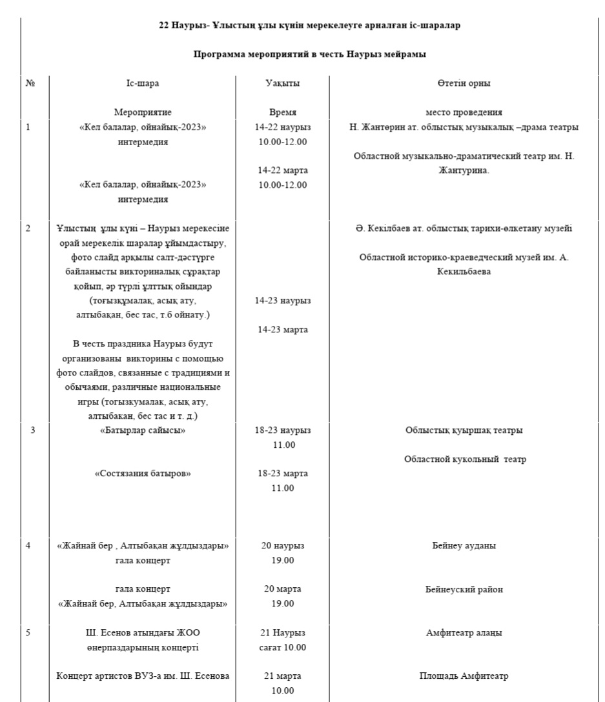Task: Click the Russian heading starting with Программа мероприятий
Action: (310, 54)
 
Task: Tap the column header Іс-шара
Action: (143, 83)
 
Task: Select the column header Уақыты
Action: (283, 83)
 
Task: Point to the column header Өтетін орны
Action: (464, 83)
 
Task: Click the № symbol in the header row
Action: (30, 83)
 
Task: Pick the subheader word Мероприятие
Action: (143, 112)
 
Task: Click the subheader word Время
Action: (283, 112)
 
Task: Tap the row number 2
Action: (28, 228)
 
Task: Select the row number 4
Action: (28, 545)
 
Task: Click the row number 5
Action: (28, 632)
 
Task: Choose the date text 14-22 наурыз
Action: (283, 127)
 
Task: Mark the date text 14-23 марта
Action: (283, 330)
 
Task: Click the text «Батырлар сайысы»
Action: (143, 430)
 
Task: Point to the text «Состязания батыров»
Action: (143, 473)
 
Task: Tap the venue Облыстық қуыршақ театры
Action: (464, 430)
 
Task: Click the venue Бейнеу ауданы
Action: (464, 545)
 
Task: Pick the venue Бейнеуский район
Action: (464, 589)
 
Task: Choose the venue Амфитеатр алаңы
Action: (464, 632)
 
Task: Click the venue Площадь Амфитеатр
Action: (464, 676)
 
